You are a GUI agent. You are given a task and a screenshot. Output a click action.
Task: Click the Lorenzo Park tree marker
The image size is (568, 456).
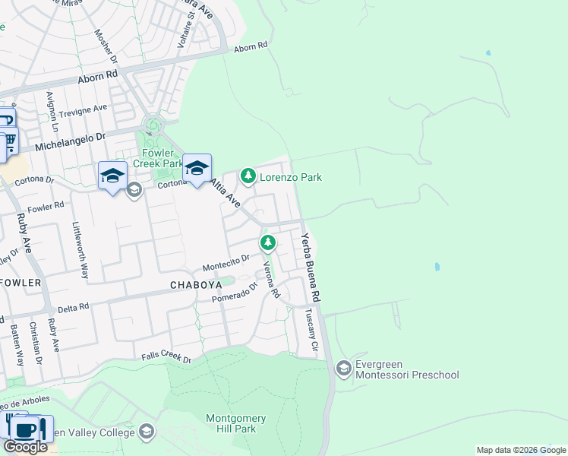click(x=248, y=176)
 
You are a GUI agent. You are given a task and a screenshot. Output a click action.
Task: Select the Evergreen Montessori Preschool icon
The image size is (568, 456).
click(x=343, y=369)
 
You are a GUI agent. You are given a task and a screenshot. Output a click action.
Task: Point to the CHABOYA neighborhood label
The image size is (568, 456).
click(x=196, y=285)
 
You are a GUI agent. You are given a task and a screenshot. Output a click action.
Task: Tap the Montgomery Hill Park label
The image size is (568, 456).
click(x=236, y=424)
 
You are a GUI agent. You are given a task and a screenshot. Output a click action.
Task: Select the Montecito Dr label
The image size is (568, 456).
click(x=226, y=263)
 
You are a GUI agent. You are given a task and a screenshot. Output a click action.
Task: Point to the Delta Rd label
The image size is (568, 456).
click(x=74, y=307)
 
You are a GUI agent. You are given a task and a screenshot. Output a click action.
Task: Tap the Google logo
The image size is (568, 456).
click(x=25, y=447)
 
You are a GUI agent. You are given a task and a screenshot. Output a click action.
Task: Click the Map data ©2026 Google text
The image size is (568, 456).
click(x=520, y=450)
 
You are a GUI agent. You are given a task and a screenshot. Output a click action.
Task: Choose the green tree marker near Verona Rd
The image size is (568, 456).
click(x=267, y=243)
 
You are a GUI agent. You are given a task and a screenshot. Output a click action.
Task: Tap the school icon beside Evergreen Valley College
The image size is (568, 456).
click(x=146, y=432)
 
